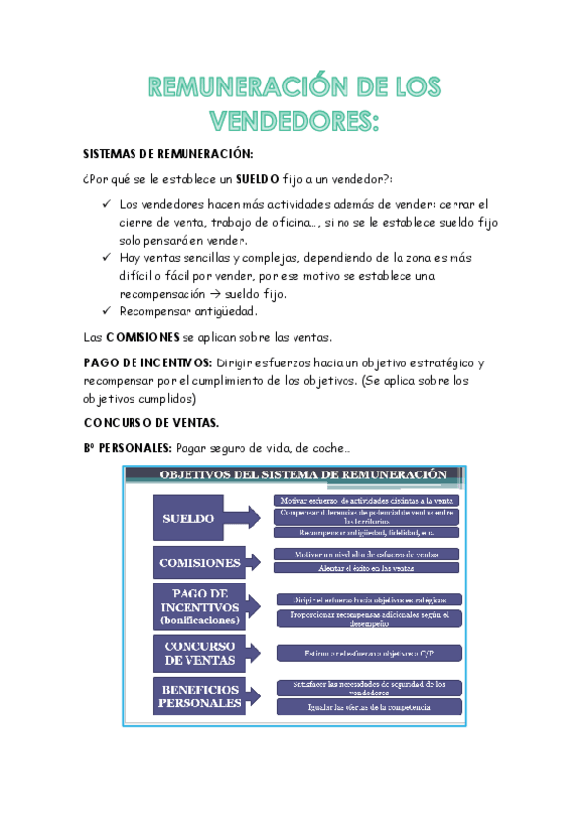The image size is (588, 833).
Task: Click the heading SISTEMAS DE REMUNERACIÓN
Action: pos(168,155)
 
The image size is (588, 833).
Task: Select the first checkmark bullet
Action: pos(106,204)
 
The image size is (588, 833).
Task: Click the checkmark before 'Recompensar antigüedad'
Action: pos(106,312)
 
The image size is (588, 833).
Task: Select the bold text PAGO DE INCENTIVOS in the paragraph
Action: pos(147,362)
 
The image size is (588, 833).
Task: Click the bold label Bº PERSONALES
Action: pos(127,448)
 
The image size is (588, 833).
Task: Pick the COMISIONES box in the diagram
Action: pos(199,563)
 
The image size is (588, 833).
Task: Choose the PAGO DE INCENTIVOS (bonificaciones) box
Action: pos(199,606)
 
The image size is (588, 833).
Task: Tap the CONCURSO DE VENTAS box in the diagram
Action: pos(199,653)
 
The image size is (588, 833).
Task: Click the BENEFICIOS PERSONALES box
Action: pos(199,696)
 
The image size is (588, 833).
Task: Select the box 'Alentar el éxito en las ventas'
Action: pos(365,568)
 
